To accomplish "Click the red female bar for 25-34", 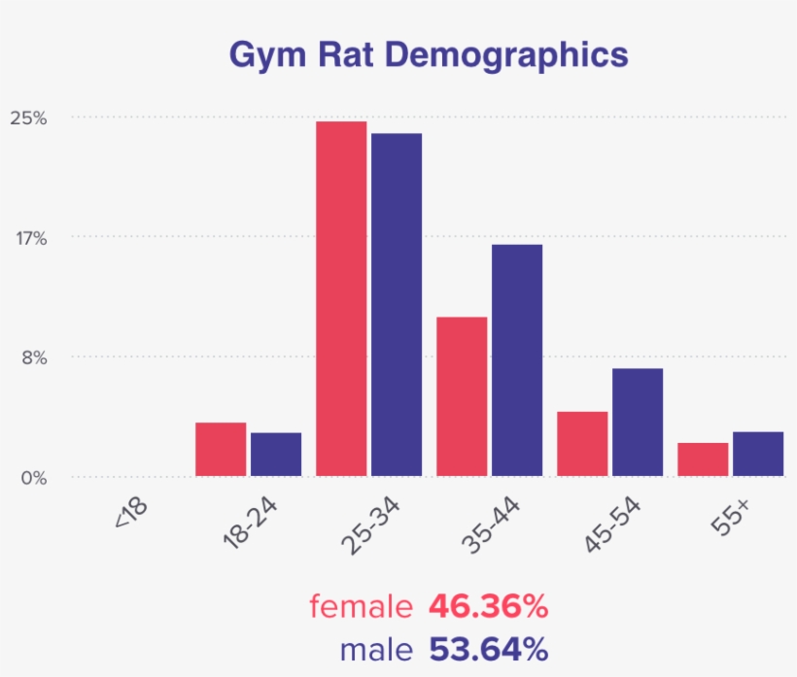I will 341,299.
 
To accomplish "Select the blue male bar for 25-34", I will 397,305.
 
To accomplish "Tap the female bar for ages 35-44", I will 462,396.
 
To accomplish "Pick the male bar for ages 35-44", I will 517,360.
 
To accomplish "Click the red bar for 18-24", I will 221,450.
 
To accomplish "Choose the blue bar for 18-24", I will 276,455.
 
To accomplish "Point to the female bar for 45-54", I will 582,444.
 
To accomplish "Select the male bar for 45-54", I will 638,423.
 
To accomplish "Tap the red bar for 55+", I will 703,459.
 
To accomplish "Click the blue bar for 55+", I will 758,454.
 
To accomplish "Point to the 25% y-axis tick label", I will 28,118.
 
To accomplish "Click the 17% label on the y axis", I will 29,238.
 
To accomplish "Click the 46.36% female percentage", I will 488,607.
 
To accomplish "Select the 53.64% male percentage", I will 488,648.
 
